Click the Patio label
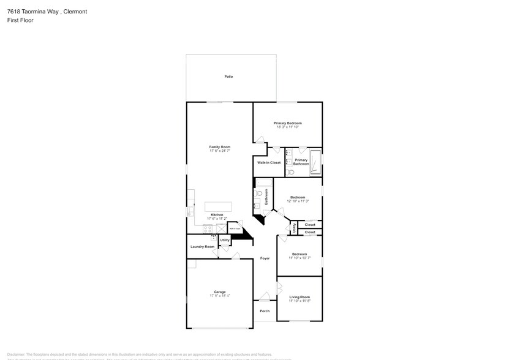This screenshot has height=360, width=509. point(228,77)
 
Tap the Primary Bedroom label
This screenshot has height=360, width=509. point(287,123)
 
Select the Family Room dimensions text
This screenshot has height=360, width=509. point(219,151)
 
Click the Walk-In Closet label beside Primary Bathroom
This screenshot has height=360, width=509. point(268,163)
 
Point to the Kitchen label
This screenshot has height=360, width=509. point(217,215)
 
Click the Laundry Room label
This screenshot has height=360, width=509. point(202,247)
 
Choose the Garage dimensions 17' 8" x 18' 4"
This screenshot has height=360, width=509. point(219,296)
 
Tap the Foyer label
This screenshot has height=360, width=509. point(265,258)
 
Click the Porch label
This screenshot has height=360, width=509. point(265,311)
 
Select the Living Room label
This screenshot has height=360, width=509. point(300,297)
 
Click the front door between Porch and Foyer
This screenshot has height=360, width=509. point(265,298)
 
